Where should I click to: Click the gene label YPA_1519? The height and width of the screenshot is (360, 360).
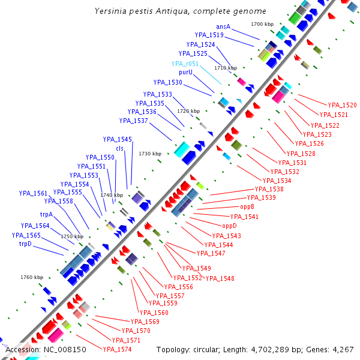pos(209,35)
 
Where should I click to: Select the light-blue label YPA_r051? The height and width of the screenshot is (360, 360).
pos(185,63)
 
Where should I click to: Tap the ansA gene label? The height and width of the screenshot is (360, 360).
pos(223,26)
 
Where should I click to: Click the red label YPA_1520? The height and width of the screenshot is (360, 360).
pos(343,105)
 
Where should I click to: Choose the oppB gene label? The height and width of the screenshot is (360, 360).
pos(248,206)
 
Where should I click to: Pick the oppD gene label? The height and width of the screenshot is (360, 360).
pos(230,226)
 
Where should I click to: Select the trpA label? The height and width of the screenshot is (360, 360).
pos(47,214)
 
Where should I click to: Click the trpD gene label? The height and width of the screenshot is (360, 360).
pos(25,244)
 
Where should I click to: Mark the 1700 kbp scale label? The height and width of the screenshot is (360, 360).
pos(262,24)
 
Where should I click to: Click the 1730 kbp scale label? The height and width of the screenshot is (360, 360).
pos(150,154)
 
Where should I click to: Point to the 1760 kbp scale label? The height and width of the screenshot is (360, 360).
pos(32,277)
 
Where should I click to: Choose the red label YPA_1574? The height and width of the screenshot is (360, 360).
pos(117,349)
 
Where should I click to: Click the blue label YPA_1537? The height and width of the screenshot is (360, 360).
pos(134,121)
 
